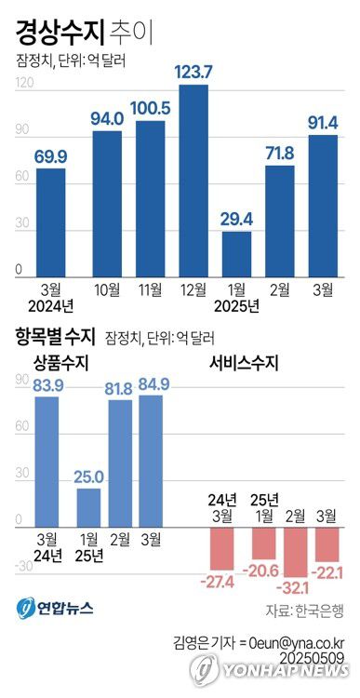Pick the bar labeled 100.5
[150, 199]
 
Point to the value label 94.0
[107, 118]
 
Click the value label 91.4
[323, 122]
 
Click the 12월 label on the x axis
[193, 289]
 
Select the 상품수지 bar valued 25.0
[89, 508]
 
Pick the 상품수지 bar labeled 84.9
[151, 461]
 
